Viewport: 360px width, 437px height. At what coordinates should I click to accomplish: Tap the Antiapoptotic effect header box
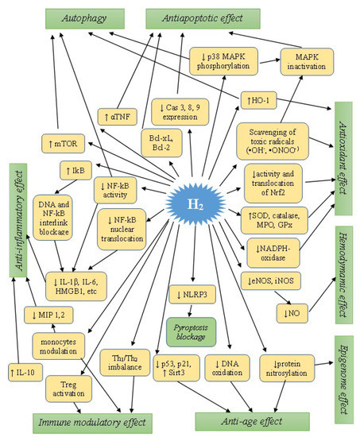[x=191, y=15]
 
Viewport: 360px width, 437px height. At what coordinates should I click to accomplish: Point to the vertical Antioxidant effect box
[x=344, y=159]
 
